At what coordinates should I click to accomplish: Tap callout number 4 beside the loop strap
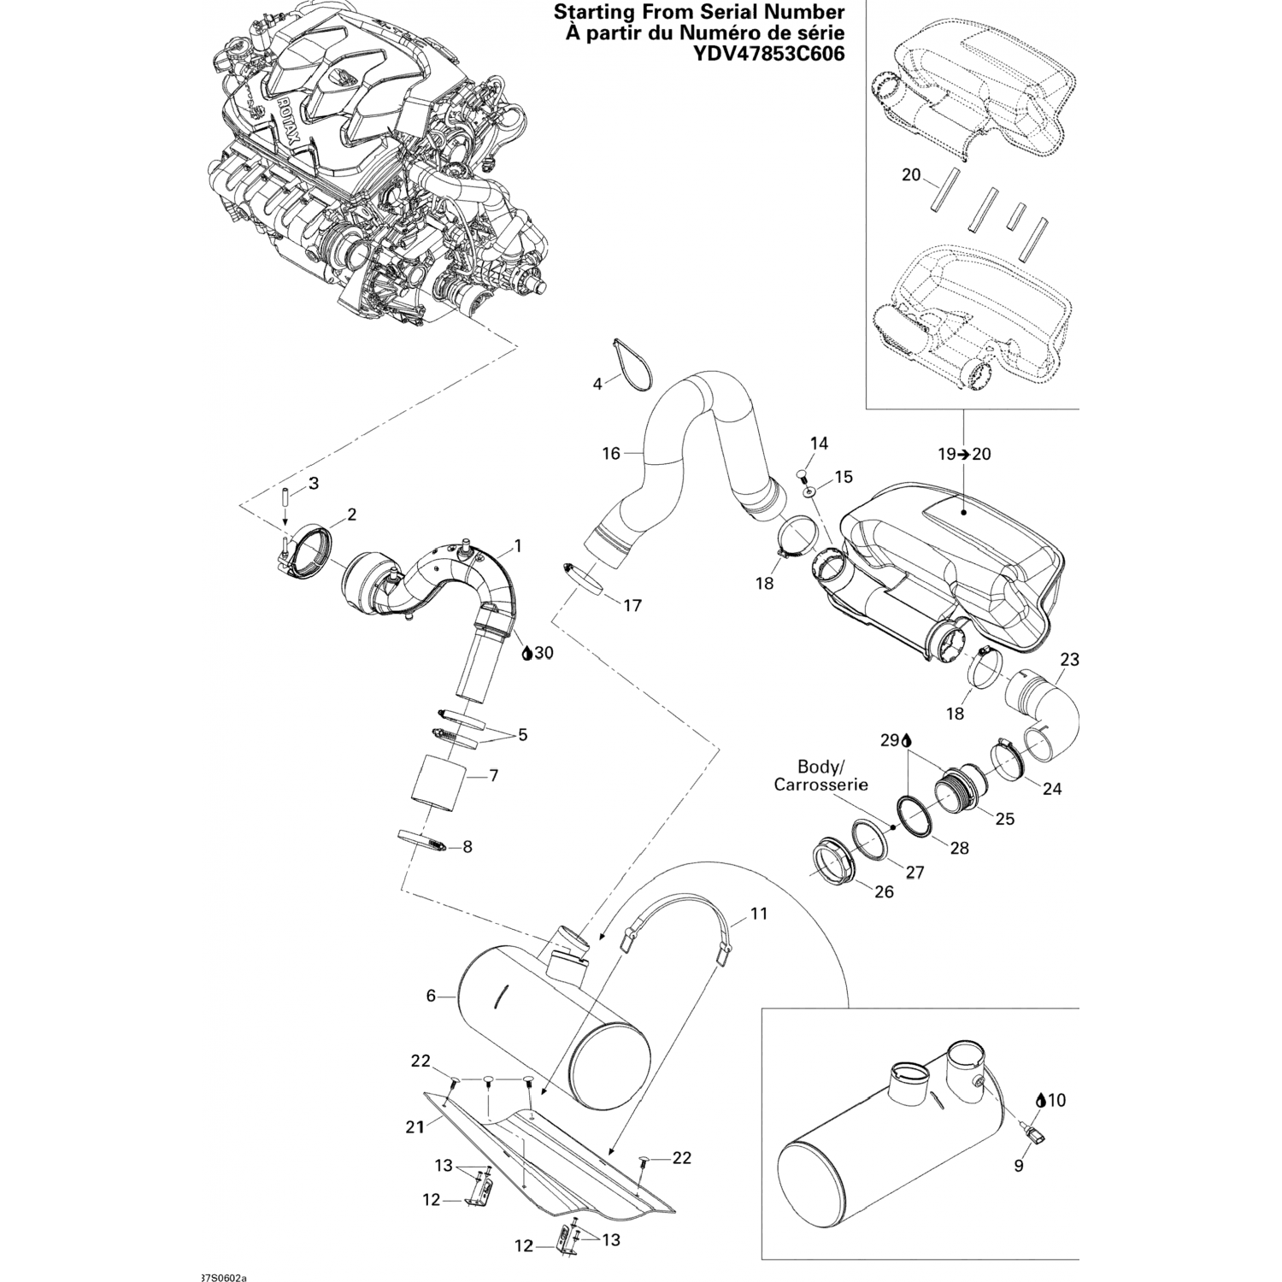pyautogui.click(x=597, y=384)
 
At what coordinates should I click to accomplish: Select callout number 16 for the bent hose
pyautogui.click(x=611, y=453)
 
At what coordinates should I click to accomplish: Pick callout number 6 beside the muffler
pyautogui.click(x=432, y=995)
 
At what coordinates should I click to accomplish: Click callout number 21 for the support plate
pyautogui.click(x=415, y=1127)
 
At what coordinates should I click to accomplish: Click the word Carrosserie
pyautogui.click(x=820, y=784)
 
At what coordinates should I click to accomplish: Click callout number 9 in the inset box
pyautogui.click(x=1019, y=1165)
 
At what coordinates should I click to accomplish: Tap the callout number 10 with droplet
pyautogui.click(x=1052, y=1101)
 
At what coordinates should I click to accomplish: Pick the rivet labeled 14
pyautogui.click(x=803, y=472)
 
